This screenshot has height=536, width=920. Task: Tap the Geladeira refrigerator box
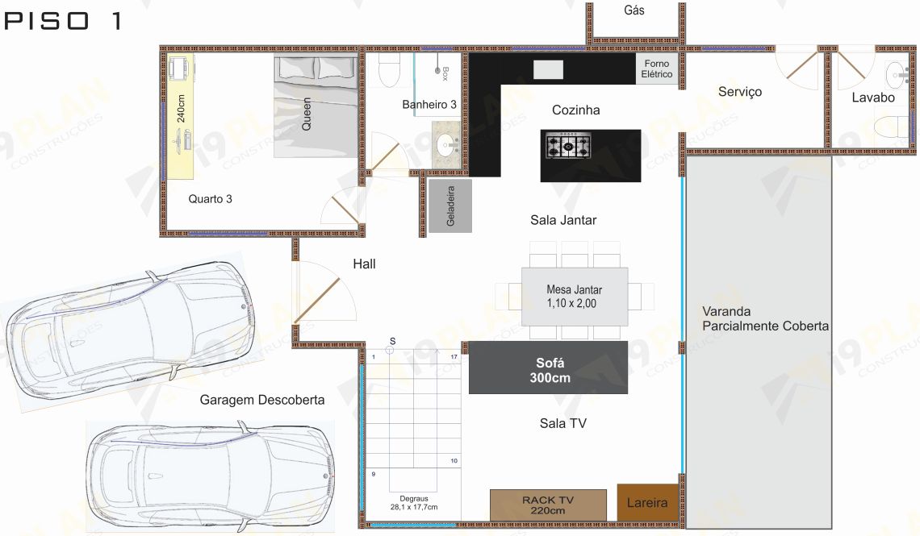point(450,206)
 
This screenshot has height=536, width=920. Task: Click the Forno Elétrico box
point(657,69)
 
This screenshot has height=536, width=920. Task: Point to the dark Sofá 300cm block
point(548,368)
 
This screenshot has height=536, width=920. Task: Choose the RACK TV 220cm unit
point(548,505)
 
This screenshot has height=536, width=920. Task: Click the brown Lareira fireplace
point(648,503)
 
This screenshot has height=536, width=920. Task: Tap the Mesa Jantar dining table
point(575,297)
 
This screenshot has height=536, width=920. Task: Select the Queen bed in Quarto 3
point(316,106)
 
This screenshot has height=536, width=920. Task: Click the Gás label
point(634,10)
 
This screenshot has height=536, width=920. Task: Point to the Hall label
point(364,264)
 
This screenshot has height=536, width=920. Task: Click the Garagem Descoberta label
point(262,400)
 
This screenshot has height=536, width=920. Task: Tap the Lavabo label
point(873,98)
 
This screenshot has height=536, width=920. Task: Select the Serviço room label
point(740,92)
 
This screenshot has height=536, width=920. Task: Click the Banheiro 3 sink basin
point(447,143)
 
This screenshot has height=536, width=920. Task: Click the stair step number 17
point(454,356)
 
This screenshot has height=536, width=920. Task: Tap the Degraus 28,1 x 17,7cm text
point(414,503)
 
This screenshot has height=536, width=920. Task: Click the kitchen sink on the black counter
point(548,69)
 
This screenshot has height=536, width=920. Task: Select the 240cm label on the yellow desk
point(181,108)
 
